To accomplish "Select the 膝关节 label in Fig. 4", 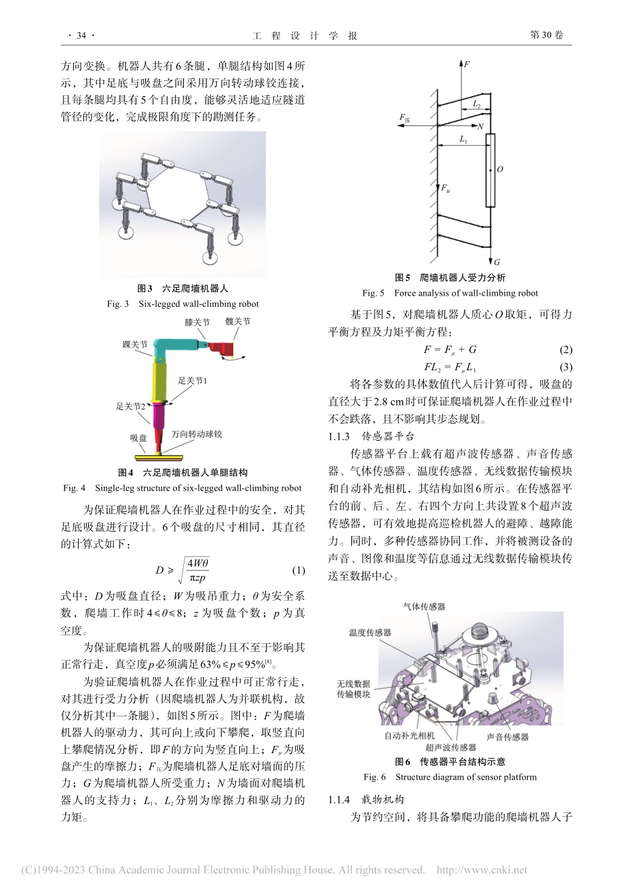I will (198, 322).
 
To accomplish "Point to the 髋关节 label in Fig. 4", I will (238, 321).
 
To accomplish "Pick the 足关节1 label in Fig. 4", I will (193, 381).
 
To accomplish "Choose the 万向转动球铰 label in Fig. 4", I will (197, 434).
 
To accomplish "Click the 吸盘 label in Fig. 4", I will (138, 438).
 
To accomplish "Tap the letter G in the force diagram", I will (497, 262).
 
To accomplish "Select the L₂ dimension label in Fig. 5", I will (477, 104).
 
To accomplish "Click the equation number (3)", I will (566, 367).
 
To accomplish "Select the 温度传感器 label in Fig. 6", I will (370, 633).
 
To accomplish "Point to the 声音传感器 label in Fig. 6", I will (507, 737).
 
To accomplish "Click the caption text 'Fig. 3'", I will (117, 304).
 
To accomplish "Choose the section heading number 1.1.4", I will (340, 799).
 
